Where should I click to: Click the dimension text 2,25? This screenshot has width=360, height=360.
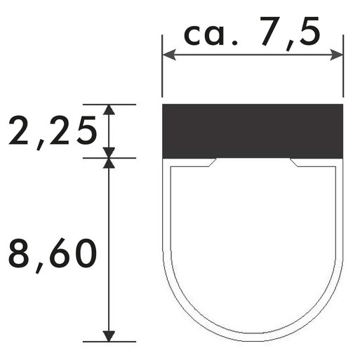[53, 131]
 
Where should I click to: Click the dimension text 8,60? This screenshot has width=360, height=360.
[53, 255]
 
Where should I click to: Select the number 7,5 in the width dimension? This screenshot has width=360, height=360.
[290, 33]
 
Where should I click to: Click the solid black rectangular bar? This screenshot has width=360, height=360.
[253, 131]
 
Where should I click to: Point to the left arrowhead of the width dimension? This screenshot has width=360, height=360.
[169, 55]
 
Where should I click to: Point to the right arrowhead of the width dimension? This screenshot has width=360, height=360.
[336, 55]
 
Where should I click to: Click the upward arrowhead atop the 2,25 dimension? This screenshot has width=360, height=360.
[109, 109]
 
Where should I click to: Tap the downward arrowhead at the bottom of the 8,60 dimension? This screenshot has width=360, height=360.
[109, 336]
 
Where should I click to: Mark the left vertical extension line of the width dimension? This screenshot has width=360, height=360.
[162, 66]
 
